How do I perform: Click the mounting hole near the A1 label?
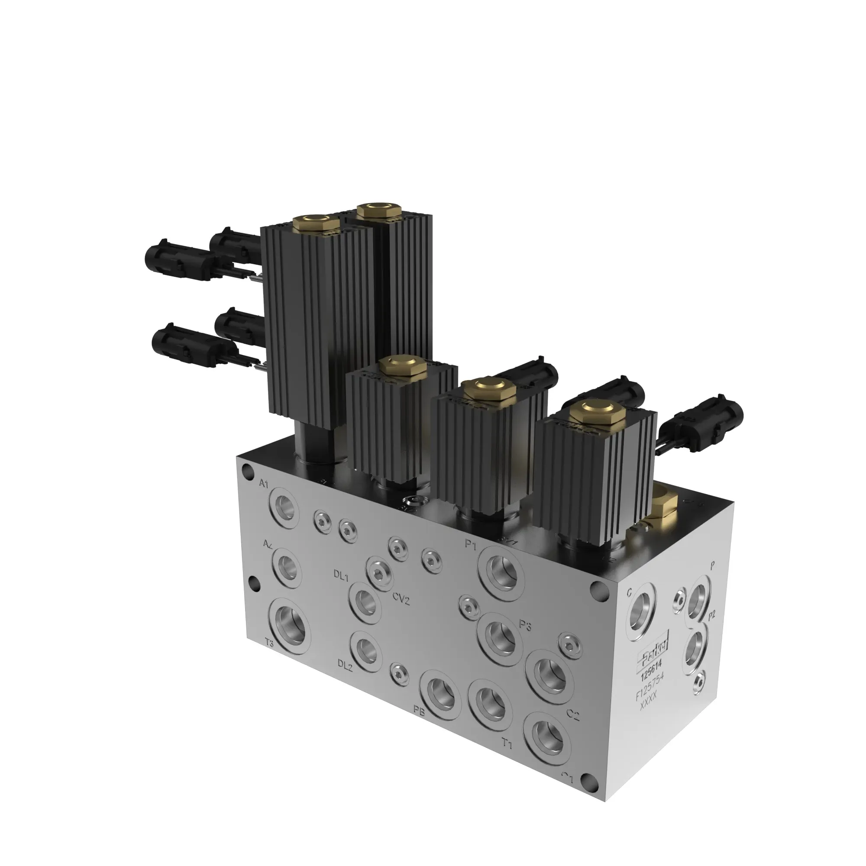pos(246,470)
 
